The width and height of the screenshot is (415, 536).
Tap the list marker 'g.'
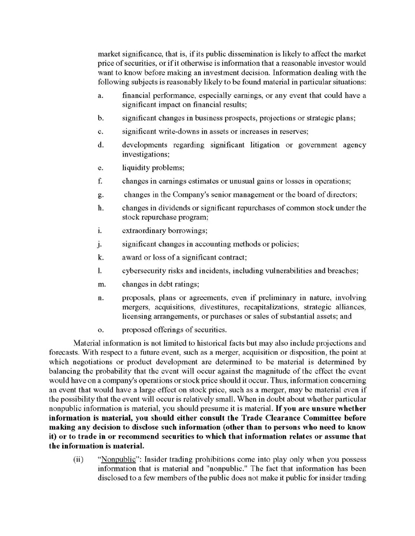101,195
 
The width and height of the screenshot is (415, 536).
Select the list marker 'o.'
101,329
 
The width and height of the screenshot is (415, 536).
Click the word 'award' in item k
132,257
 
